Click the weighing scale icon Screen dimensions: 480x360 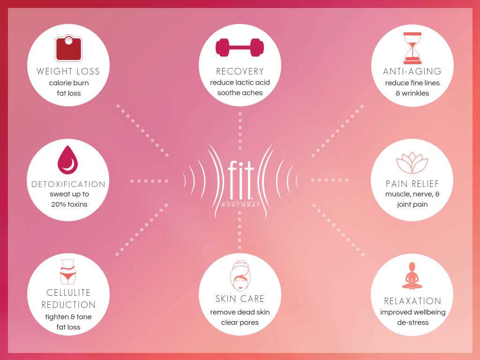(68, 48)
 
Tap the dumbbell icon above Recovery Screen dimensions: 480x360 (240, 47)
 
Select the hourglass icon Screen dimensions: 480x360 (412, 48)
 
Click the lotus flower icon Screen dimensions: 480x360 (412, 163)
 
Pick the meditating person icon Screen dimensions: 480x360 (412, 276)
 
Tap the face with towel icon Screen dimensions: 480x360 (240, 276)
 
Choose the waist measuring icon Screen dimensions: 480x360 (68, 272)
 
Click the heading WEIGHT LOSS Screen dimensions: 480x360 (68, 71)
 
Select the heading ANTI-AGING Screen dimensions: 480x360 (412, 71)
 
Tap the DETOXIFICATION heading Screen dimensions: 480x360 (68, 184)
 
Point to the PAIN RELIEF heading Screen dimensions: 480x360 (412, 184)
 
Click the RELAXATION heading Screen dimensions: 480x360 (412, 301)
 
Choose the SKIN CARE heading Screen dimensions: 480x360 (240, 299)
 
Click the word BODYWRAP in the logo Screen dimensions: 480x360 (240, 205)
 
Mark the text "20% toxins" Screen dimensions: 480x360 (69, 204)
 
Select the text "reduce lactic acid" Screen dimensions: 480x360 (240, 82)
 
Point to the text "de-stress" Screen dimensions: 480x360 (412, 322)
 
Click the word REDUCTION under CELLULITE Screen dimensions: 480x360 (68, 305)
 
